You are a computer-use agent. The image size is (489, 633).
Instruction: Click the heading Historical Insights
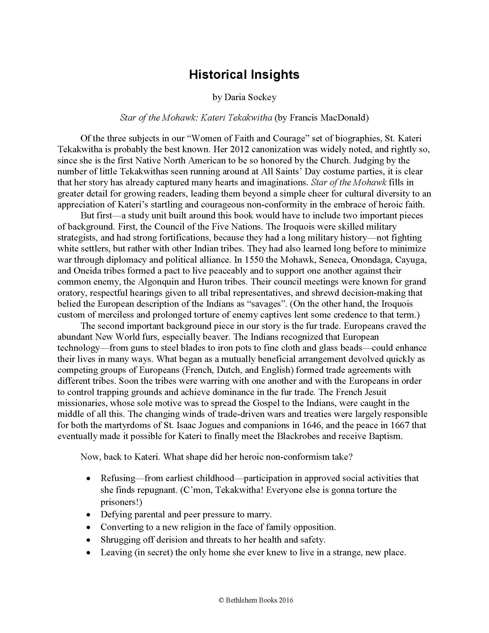pos(244,75)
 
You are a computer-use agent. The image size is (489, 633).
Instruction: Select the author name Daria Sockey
pos(250,97)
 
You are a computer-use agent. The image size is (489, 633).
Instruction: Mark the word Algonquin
pos(155,282)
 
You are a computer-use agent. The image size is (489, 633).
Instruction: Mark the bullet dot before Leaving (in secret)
pos(89,553)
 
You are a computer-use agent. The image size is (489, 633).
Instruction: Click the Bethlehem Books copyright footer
pos(256,600)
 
